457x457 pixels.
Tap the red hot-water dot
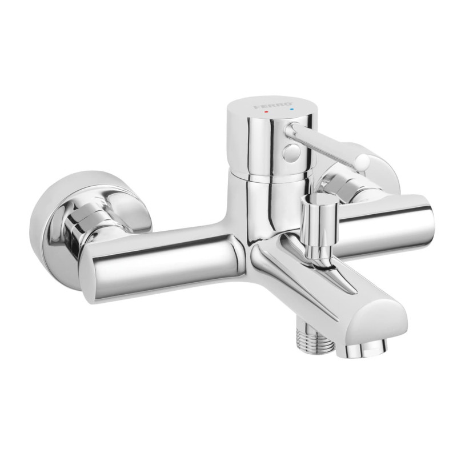click(264, 112)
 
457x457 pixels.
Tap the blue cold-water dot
click(292, 110)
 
